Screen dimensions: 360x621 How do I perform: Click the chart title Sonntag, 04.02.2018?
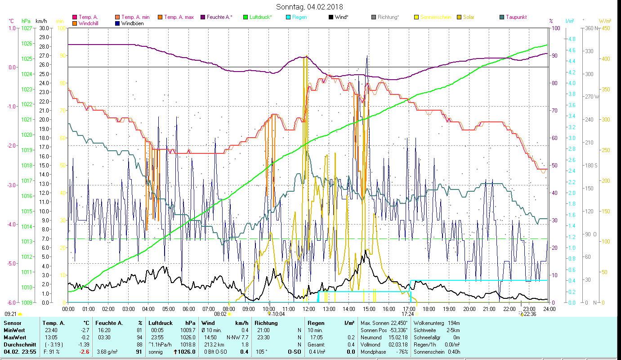[x=309, y=7]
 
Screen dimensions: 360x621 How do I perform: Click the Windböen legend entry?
[x=132, y=23]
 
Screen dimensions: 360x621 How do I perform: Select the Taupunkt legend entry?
[x=516, y=17]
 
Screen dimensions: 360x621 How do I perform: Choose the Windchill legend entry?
[x=89, y=23]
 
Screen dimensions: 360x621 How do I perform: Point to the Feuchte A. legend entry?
[x=219, y=17]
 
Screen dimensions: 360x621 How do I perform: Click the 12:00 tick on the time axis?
[x=309, y=309]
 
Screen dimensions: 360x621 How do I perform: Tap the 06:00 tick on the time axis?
[x=188, y=309]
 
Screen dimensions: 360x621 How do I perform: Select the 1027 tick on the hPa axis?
[x=27, y=28]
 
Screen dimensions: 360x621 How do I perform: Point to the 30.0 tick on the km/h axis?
[x=44, y=28]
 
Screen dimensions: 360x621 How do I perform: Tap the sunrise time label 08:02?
[x=219, y=314]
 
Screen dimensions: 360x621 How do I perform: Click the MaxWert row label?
[x=14, y=337]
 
